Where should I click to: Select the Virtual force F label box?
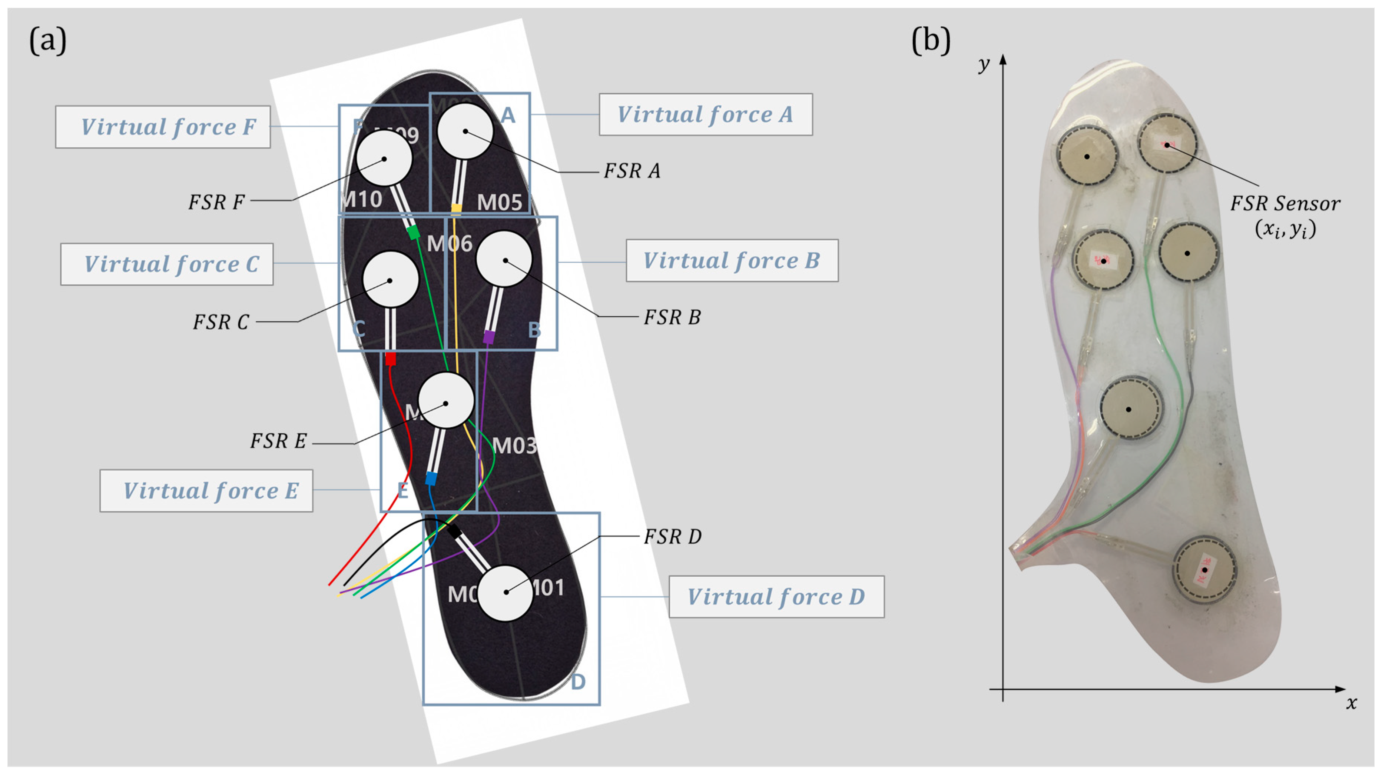click(x=163, y=127)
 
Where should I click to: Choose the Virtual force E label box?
click(x=206, y=491)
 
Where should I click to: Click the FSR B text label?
click(x=672, y=317)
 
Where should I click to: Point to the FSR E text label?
click(x=278, y=441)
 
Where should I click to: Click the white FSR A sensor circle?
click(x=465, y=131)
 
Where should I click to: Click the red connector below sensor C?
click(x=391, y=358)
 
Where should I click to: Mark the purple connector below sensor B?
click(x=488, y=337)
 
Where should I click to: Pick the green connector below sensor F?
click(x=413, y=232)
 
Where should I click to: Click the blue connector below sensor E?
click(x=430, y=478)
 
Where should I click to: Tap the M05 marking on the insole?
click(x=499, y=202)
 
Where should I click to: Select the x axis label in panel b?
click(x=1351, y=703)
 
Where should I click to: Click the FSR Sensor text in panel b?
click(x=1285, y=204)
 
